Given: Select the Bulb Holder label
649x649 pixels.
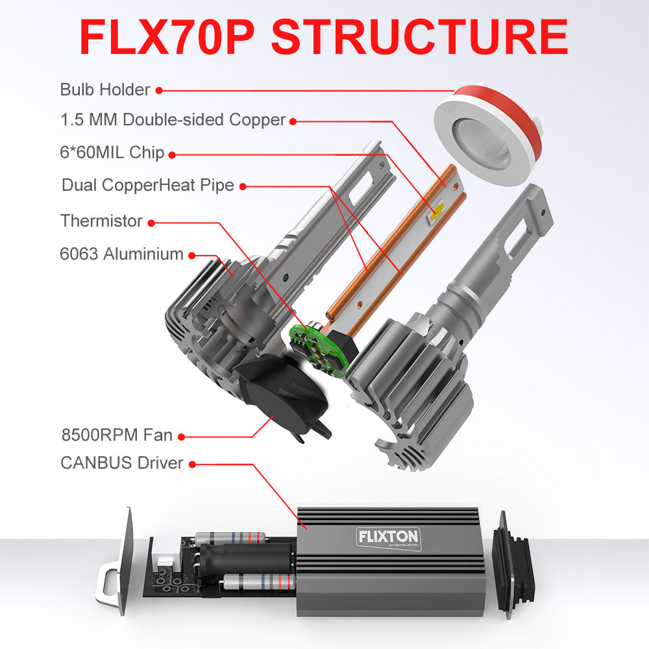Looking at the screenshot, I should pos(104,90).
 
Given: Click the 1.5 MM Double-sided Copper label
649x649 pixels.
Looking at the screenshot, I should pos(173,120).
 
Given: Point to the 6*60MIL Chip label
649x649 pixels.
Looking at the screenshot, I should pos(112,154).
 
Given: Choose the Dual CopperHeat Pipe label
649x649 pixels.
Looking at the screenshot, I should pos(147,186).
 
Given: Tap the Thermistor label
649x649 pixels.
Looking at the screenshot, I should pos(101,221).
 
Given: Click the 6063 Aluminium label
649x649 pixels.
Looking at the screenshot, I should pos(121,254).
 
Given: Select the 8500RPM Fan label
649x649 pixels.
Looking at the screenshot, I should pos(114,436).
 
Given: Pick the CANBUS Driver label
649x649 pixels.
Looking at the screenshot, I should pos(121,463).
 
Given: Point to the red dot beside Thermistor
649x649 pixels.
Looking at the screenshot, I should pos(151,223).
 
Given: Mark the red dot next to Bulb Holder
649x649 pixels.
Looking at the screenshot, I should pos(158,91).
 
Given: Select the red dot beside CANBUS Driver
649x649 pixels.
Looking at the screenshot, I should pos(193,465).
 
